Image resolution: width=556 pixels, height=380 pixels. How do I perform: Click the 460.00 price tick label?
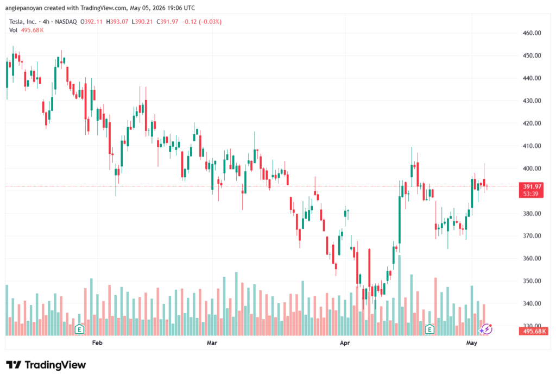click(532, 33)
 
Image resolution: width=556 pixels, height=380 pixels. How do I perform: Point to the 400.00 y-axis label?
click(532, 169)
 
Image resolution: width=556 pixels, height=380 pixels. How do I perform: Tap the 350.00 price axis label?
click(532, 281)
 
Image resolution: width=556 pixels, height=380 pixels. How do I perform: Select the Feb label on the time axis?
click(97, 342)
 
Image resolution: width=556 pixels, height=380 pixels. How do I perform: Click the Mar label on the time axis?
click(212, 342)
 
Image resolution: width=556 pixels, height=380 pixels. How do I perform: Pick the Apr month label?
click(345, 342)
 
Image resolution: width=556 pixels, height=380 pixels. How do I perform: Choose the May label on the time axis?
click(472, 342)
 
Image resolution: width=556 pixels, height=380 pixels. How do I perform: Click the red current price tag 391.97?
click(531, 190)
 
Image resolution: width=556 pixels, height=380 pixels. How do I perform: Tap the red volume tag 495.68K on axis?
click(534, 332)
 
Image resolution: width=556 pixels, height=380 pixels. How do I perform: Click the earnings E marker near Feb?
click(79, 329)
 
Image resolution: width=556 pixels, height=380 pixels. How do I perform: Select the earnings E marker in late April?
click(430, 329)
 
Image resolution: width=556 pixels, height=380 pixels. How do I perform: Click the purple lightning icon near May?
click(485, 329)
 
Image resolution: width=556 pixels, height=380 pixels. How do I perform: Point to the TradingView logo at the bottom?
click(46, 365)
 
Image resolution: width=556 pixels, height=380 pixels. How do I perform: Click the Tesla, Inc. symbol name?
click(23, 22)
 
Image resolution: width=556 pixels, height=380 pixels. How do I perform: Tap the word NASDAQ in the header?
click(66, 22)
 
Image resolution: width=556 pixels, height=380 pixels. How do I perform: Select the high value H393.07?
click(117, 22)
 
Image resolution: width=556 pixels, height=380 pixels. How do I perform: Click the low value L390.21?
click(142, 22)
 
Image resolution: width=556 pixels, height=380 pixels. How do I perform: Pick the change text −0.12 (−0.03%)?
click(202, 22)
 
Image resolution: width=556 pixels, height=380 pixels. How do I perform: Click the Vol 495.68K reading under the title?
click(27, 30)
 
